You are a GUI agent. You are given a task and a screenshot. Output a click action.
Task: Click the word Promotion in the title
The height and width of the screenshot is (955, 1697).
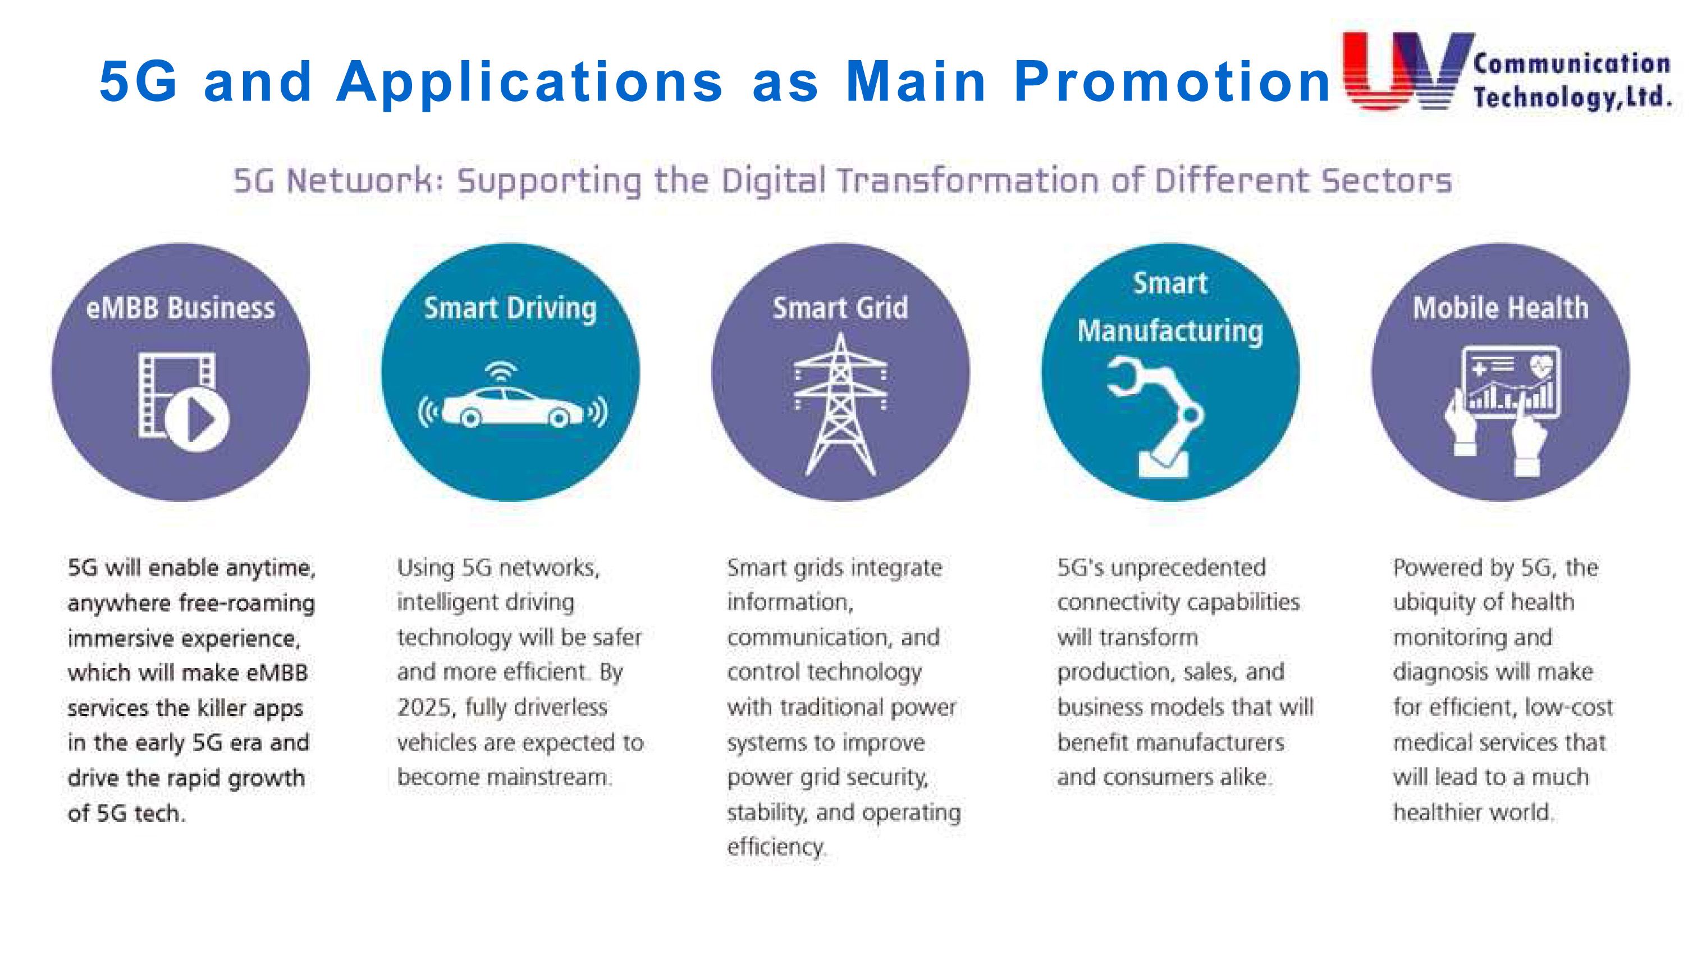point(1173,82)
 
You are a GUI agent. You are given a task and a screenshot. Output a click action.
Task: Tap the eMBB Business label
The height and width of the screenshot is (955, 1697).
point(181,308)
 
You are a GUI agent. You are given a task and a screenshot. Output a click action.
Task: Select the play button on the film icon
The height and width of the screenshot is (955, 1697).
point(198,419)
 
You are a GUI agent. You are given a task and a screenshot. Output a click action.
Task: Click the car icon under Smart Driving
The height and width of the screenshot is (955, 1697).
point(513,406)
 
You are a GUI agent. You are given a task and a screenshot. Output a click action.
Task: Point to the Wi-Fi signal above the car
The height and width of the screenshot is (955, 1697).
point(501,371)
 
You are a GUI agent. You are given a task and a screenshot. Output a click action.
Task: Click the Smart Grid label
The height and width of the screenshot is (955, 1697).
point(840,308)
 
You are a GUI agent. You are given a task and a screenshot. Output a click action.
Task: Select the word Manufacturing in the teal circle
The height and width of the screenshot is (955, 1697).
point(1170,331)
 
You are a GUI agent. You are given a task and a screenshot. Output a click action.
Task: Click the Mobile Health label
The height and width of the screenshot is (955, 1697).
point(1501,308)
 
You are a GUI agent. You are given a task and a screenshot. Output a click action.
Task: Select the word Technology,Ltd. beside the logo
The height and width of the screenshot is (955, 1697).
point(1572,97)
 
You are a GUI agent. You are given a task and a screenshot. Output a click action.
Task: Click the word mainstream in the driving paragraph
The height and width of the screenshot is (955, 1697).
point(549,777)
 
